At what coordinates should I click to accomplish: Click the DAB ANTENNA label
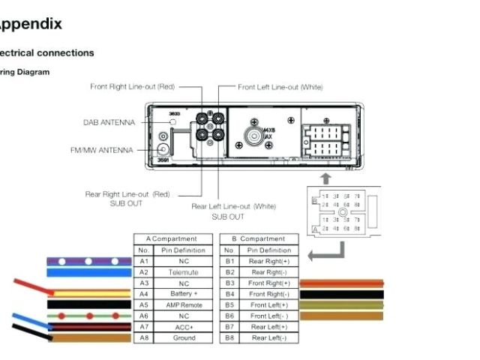tap(109, 122)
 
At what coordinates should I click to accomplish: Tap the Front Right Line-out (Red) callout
tap(133, 87)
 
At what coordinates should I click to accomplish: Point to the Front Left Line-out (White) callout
tap(280, 87)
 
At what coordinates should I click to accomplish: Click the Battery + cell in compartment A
tap(183, 294)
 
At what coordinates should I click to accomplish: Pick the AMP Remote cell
tap(183, 305)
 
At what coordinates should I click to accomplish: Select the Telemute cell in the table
tap(183, 272)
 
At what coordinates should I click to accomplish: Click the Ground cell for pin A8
tap(183, 338)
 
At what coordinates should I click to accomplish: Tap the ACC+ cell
tap(183, 327)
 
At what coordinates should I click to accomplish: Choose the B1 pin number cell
tap(229, 261)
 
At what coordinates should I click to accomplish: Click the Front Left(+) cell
tap(269, 305)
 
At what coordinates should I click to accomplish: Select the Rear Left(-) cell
tap(269, 338)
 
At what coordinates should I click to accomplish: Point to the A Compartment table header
tap(172, 238)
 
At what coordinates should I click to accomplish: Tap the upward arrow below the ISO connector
tap(325, 178)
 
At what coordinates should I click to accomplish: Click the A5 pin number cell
tap(143, 305)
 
